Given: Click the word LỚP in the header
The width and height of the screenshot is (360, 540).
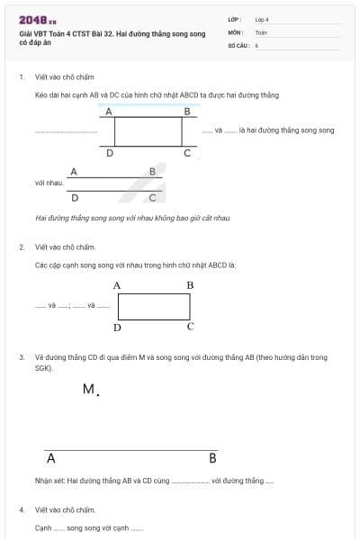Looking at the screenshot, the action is (235, 19).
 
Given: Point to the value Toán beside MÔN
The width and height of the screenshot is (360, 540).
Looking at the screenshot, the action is (261, 31).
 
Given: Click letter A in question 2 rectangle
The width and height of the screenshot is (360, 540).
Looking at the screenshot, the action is (117, 285).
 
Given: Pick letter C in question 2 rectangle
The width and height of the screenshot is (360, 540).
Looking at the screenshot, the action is (190, 326).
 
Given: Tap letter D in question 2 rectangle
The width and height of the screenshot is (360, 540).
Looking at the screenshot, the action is (117, 327).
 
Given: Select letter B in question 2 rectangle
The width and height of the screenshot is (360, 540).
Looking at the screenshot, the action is (190, 285).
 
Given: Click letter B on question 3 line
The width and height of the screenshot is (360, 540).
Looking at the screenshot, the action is (212, 458).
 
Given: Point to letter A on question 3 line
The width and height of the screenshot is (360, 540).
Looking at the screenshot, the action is (50, 458).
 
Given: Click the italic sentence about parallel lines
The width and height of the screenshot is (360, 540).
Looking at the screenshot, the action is (133, 218).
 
